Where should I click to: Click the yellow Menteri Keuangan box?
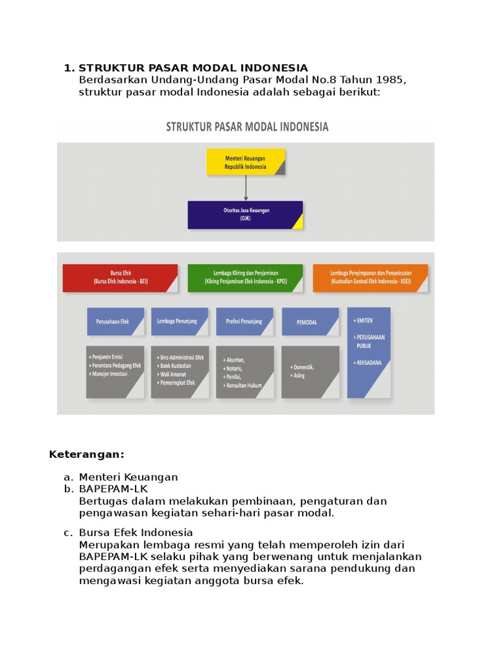click(x=245, y=162)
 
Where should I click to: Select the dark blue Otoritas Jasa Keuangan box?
click(x=245, y=214)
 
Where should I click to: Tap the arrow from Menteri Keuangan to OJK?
click(x=246, y=188)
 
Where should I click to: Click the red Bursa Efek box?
click(x=120, y=278)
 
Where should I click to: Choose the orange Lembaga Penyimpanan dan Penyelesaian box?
click(x=370, y=278)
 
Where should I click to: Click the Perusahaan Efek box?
click(x=115, y=321)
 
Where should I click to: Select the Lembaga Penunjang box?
click(x=180, y=321)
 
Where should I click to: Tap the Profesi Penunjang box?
click(x=244, y=321)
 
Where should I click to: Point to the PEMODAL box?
click(x=310, y=322)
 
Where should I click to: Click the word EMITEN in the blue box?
click(x=364, y=320)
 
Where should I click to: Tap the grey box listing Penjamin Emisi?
click(x=115, y=372)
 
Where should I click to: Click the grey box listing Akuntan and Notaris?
click(x=244, y=372)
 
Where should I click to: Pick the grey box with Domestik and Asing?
click(x=310, y=372)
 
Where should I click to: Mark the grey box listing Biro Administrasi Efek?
click(x=180, y=372)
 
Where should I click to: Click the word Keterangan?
click(x=86, y=454)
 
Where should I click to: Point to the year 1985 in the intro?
click(x=391, y=80)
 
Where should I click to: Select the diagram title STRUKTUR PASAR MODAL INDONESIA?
click(x=247, y=127)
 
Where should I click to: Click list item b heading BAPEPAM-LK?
click(x=113, y=489)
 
